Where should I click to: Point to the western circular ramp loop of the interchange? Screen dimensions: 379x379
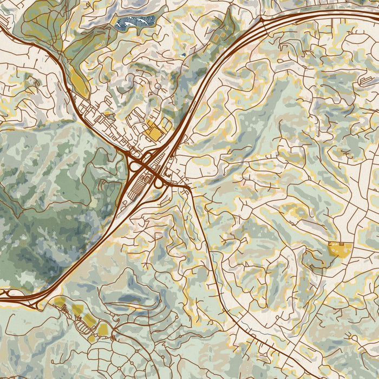(x=133, y=166)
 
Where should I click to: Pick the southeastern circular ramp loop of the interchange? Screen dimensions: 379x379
(x=160, y=184)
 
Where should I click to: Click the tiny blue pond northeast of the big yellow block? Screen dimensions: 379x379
(x=183, y=54)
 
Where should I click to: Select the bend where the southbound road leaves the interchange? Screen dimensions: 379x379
(x=190, y=188)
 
